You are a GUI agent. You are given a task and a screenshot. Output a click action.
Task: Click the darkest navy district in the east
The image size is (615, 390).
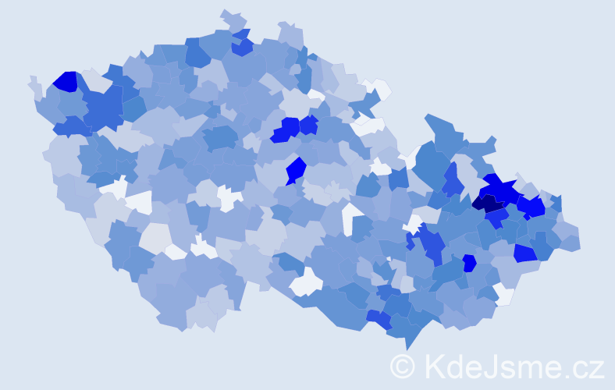coord(489,204)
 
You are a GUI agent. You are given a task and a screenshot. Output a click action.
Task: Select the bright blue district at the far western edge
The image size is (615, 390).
coord(65,81)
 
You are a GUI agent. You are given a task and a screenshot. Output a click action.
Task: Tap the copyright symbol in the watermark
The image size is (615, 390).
coord(403,366)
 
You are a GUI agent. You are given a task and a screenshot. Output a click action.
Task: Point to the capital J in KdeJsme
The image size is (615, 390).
coord(496,366)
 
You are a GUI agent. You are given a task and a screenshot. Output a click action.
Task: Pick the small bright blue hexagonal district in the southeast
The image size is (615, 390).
coord(469,263)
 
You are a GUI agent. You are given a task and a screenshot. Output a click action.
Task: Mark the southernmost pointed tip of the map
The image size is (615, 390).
coord(406,347)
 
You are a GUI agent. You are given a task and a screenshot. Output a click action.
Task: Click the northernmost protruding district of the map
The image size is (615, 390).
coord(233,17)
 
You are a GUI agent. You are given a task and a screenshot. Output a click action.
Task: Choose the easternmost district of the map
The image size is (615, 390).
coord(571,241)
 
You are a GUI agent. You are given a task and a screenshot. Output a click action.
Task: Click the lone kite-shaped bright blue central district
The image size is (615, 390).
coord(296,169)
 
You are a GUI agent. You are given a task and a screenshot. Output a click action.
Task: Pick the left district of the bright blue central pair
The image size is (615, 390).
coord(286,130)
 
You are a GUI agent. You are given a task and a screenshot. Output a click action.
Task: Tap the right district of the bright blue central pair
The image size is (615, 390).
coord(308,125)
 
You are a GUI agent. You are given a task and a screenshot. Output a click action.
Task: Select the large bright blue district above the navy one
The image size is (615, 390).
coord(502,189)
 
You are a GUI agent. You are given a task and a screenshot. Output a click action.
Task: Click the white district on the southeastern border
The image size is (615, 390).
coord(504,295)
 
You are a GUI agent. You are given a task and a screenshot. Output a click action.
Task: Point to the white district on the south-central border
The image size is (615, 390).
coord(306,282)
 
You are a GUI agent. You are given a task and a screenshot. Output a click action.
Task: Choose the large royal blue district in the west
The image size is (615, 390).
coord(104,108)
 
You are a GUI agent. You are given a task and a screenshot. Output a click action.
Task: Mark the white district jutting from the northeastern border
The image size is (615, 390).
coord(378,87)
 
